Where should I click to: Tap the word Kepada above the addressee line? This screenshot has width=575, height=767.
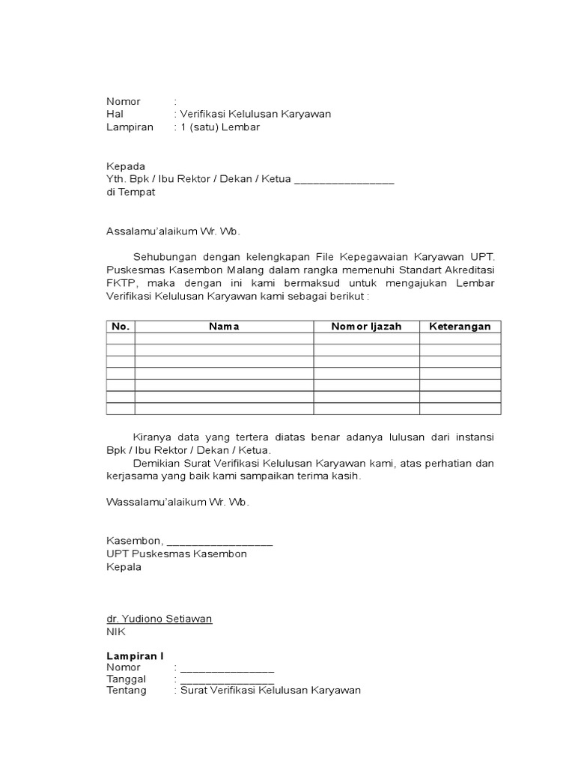click(x=126, y=166)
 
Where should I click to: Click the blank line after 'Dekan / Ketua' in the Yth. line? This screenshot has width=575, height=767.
click(x=344, y=181)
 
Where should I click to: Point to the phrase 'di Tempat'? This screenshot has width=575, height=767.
click(x=131, y=192)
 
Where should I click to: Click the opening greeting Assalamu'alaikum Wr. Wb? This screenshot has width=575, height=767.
click(x=173, y=231)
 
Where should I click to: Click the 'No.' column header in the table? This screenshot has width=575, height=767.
click(x=121, y=327)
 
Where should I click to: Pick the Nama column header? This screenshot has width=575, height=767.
click(x=224, y=327)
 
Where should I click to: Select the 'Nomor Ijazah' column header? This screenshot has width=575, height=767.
click(x=366, y=327)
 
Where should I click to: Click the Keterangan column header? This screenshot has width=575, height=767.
click(x=460, y=327)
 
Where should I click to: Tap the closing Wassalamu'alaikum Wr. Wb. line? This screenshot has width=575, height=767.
click(x=177, y=502)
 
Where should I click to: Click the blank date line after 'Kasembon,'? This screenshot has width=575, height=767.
click(x=219, y=542)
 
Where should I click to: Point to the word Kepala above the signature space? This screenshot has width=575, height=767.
click(x=124, y=567)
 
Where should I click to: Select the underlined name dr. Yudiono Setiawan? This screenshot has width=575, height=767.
click(x=159, y=619)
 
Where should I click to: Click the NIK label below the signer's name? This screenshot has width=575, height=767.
click(x=116, y=631)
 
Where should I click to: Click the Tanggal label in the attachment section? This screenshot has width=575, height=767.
click(x=127, y=679)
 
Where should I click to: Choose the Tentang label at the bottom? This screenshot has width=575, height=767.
click(x=127, y=691)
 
